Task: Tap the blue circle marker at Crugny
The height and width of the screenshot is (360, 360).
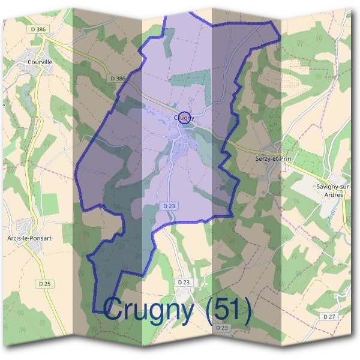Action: pyautogui.click(x=185, y=117)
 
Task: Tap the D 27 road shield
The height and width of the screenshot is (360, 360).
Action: pyautogui.click(x=329, y=316)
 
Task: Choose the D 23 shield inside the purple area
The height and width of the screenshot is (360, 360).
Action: pyautogui.click(x=169, y=206)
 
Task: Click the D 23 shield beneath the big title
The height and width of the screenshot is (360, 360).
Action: pyautogui.click(x=221, y=328)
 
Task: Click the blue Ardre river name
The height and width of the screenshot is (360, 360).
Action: pyautogui.click(x=331, y=211)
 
